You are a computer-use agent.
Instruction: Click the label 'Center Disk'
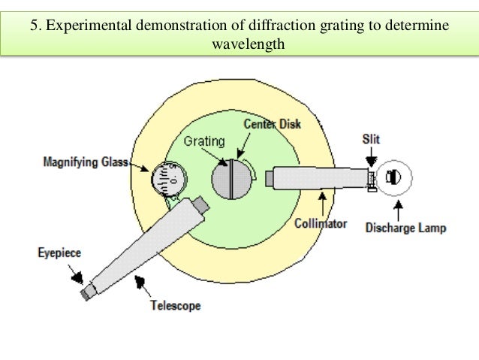coord(273,123)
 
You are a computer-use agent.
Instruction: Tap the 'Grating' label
coord(200,141)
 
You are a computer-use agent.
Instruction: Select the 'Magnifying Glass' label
coord(85,162)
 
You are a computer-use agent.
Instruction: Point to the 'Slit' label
coord(371,139)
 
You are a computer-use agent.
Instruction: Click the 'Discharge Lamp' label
coord(405,227)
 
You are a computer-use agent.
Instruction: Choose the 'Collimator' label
coord(321,223)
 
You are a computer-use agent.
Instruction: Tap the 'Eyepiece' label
coord(59,254)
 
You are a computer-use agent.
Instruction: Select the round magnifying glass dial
coord(168,178)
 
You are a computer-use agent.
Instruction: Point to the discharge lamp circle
coord(393,177)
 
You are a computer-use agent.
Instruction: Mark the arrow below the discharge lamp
coord(397,204)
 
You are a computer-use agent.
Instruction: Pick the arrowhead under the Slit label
coord(371,159)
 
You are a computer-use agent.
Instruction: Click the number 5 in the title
coord(35,26)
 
